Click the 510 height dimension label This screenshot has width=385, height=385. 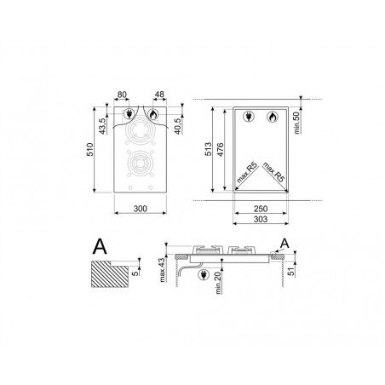point(89,150)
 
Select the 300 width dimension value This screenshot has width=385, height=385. point(141,209)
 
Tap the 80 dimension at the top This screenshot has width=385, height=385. point(122,95)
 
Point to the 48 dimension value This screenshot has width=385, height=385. point(159,94)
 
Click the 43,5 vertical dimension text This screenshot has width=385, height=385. point(102,126)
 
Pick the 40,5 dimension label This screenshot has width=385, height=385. point(178,126)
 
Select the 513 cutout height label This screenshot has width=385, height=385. point(208,149)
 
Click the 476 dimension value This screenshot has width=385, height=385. point(220,150)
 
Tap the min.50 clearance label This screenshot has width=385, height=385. point(296,123)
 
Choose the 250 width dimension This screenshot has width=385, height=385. point(261,209)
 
